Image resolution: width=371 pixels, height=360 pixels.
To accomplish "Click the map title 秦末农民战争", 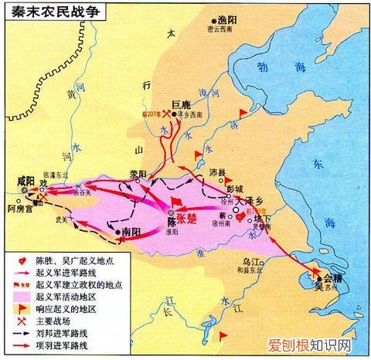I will [53, 12].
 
